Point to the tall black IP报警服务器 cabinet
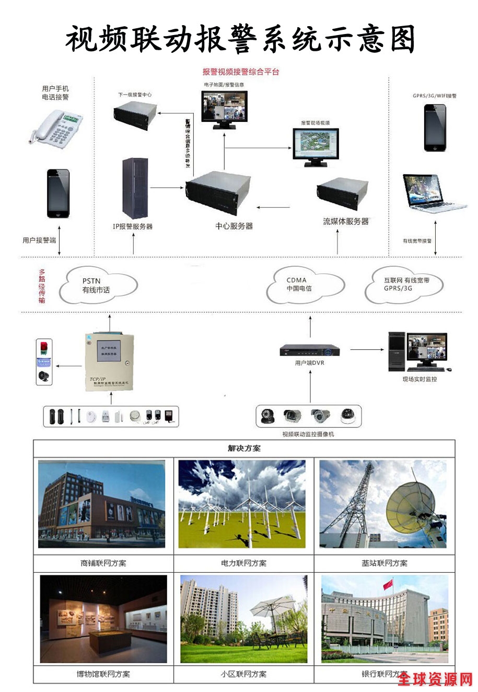135,188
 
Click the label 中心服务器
234,226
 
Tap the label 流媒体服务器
345,221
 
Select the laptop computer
432,193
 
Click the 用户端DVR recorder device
309,350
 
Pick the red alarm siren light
44,347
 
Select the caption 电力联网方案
243,563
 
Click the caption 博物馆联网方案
103,674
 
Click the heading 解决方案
244,448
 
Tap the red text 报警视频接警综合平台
241,72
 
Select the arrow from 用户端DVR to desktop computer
365,349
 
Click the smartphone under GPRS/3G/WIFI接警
435,127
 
